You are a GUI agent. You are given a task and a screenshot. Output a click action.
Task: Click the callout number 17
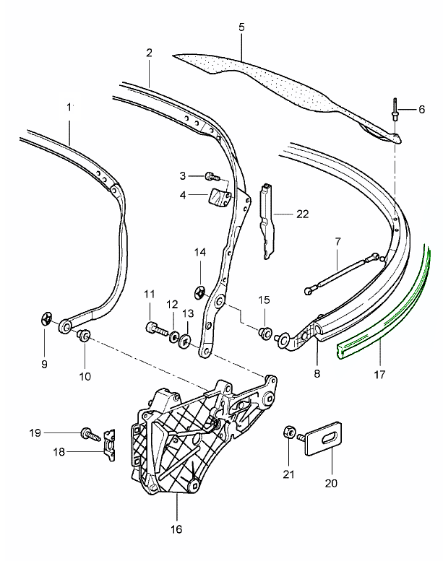pyautogui.click(x=379, y=375)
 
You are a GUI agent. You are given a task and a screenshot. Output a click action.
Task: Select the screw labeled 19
pyautogui.click(x=89, y=433)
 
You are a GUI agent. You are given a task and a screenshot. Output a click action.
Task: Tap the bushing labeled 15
pyautogui.click(x=265, y=333)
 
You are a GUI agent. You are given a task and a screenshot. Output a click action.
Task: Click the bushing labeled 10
pyautogui.click(x=83, y=334)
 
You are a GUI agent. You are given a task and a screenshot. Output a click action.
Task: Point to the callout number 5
pyautogui.click(x=241, y=27)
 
